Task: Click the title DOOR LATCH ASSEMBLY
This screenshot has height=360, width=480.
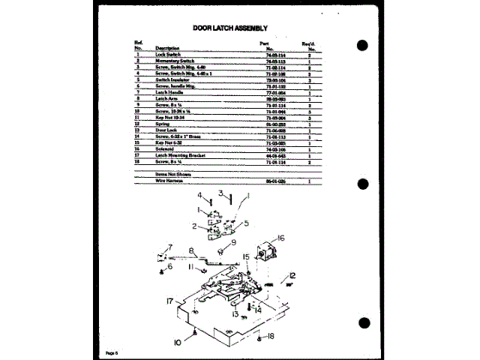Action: [230, 28]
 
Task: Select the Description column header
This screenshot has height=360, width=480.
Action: [167, 48]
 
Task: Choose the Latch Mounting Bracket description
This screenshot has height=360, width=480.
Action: [181, 155]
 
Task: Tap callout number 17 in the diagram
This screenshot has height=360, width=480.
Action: [170, 301]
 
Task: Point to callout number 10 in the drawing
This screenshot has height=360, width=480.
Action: [178, 342]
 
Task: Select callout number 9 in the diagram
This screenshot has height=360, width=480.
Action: [232, 242]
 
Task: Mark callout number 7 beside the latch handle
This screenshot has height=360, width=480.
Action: [170, 247]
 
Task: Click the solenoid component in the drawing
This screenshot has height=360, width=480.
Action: [263, 250]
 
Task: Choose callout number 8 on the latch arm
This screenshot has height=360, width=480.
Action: [192, 250]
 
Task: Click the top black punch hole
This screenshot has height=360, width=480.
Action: [363, 45]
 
